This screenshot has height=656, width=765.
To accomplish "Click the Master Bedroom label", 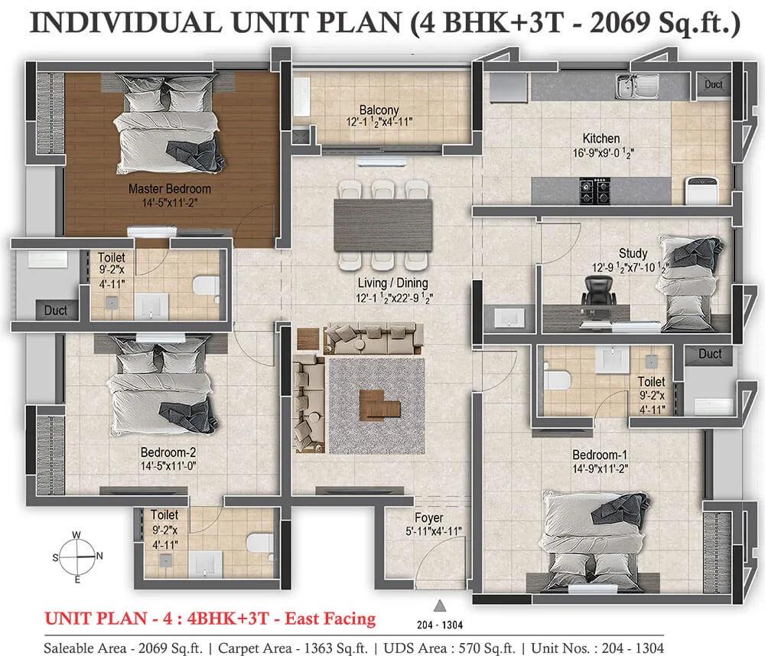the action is tap(170, 189).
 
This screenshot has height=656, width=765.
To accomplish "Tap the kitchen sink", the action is tap(636, 86).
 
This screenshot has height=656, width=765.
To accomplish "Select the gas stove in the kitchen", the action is tap(595, 191).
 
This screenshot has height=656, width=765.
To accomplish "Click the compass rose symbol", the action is tap(78, 557).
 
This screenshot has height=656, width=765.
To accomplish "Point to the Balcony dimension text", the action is tap(379, 122).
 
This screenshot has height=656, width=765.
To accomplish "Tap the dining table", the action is tap(383, 224).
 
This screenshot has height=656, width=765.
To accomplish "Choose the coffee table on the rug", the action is tap(379, 405).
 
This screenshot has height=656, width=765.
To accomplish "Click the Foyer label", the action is tap(429, 517).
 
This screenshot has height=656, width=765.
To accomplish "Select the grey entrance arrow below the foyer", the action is tap(440, 605).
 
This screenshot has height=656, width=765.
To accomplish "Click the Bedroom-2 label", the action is tap(168, 452).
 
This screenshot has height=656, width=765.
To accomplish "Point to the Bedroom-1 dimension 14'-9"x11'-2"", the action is tap(600, 468).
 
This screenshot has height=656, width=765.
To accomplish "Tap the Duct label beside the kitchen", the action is tap(713, 84).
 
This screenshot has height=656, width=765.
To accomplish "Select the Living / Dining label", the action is tap(392, 283).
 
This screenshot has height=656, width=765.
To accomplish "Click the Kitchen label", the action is tap(601, 139).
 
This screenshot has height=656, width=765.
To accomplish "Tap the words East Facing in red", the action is tap(330, 619).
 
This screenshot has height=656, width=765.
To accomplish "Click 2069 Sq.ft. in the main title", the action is tap(665, 23).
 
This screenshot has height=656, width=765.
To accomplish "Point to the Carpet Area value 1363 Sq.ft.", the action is tap(336, 648).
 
